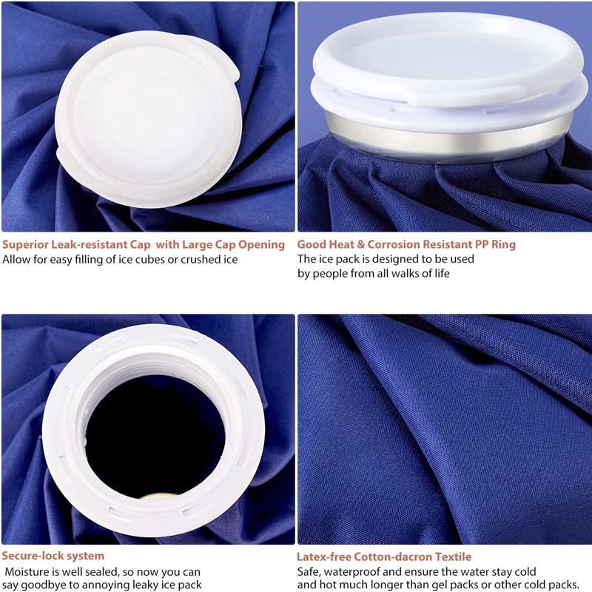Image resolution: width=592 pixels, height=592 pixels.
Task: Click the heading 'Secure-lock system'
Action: (53, 556)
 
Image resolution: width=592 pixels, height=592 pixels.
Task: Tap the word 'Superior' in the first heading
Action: (25, 245)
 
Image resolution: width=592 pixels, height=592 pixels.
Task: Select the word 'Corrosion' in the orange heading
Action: (394, 244)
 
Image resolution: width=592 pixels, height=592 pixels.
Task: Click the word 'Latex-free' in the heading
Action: (324, 557)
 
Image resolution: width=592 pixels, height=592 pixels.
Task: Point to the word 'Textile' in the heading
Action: (453, 557)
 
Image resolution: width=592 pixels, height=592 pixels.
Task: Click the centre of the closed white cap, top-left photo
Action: (148, 118)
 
